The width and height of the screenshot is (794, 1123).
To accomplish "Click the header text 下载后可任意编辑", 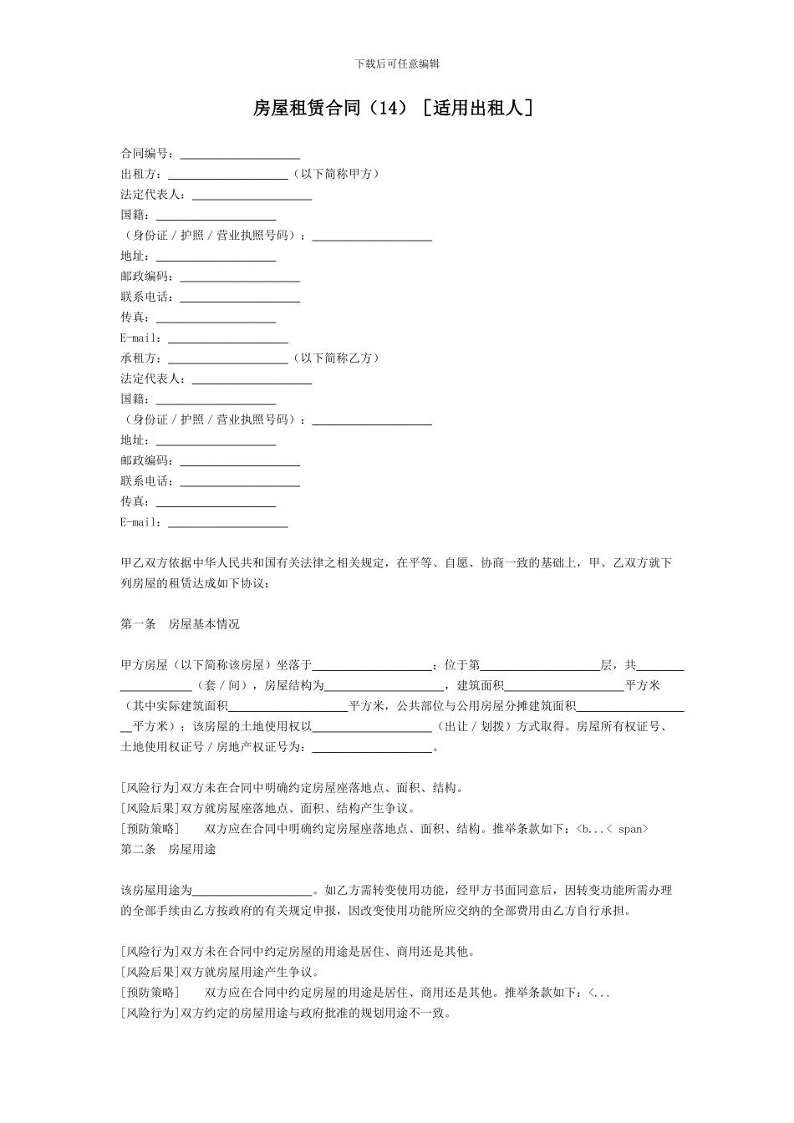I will pyautogui.click(x=397, y=64).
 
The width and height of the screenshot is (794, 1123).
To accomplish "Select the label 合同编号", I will pyautogui.click(x=145, y=154).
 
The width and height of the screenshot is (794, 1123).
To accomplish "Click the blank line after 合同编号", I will pyautogui.click(x=240, y=155).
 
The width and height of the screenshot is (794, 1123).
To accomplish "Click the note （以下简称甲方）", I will pyautogui.click(x=336, y=174).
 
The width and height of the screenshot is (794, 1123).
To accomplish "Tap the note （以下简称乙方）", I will pyautogui.click(x=336, y=358).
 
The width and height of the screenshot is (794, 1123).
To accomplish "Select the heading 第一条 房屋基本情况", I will pyautogui.click(x=180, y=624).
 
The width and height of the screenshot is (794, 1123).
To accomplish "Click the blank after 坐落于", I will pyautogui.click(x=372, y=667).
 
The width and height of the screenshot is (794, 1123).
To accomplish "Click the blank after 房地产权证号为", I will pyautogui.click(x=372, y=749).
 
